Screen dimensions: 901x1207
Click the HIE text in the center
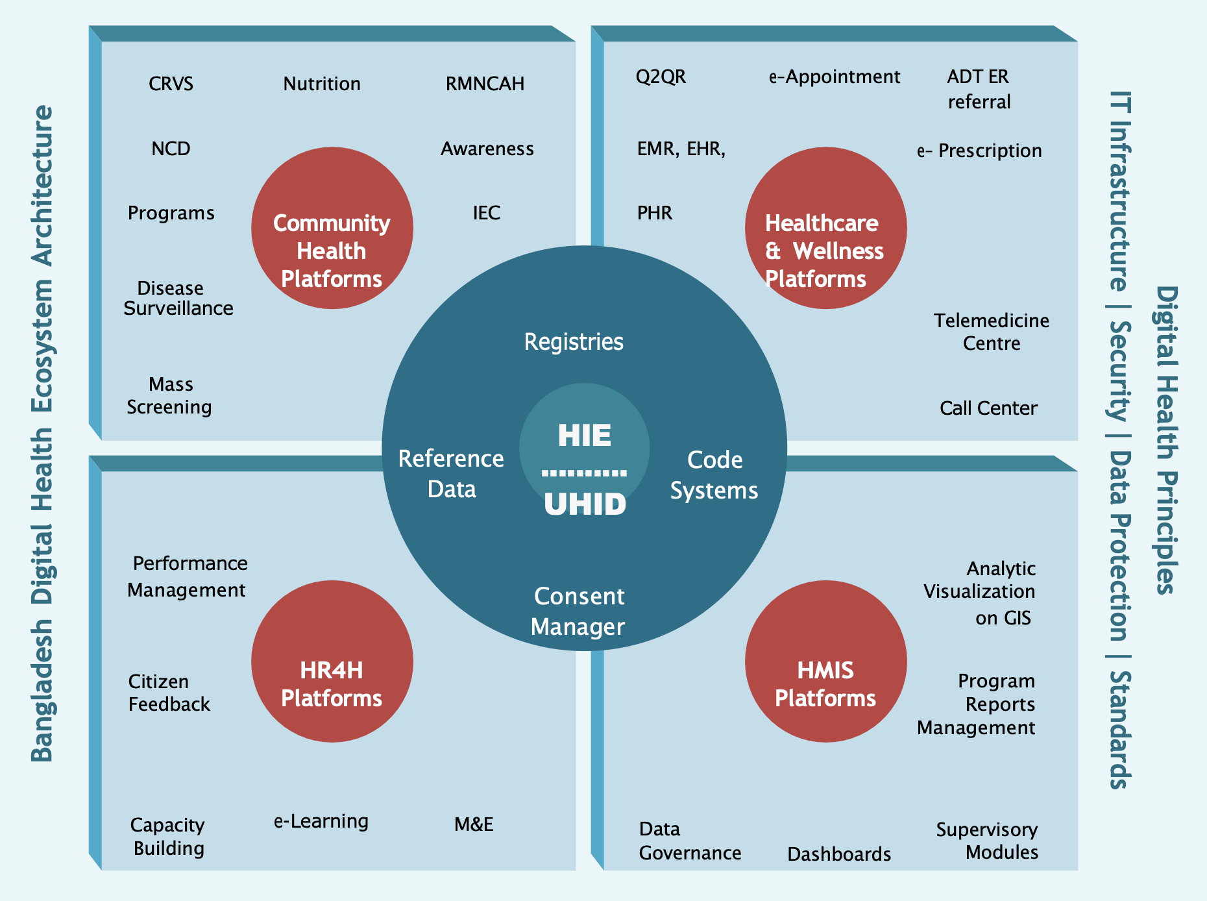tap(584, 435)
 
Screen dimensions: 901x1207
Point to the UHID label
tap(585, 504)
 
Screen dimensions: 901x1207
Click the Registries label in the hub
tap(574, 341)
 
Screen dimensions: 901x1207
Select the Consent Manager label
tap(578, 611)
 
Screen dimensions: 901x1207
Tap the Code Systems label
tap(714, 475)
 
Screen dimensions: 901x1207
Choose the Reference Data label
tap(451, 474)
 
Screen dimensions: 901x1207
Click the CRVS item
tap(171, 84)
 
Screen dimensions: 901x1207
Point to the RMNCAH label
tap(485, 84)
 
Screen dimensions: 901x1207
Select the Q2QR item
tap(661, 77)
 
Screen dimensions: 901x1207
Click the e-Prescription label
tap(979, 151)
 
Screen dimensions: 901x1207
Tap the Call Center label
tap(988, 408)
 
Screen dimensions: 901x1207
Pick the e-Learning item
tap(321, 821)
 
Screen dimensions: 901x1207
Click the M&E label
tap(474, 824)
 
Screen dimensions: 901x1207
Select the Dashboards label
tap(839, 854)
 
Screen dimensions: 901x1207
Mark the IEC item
tap(487, 213)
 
